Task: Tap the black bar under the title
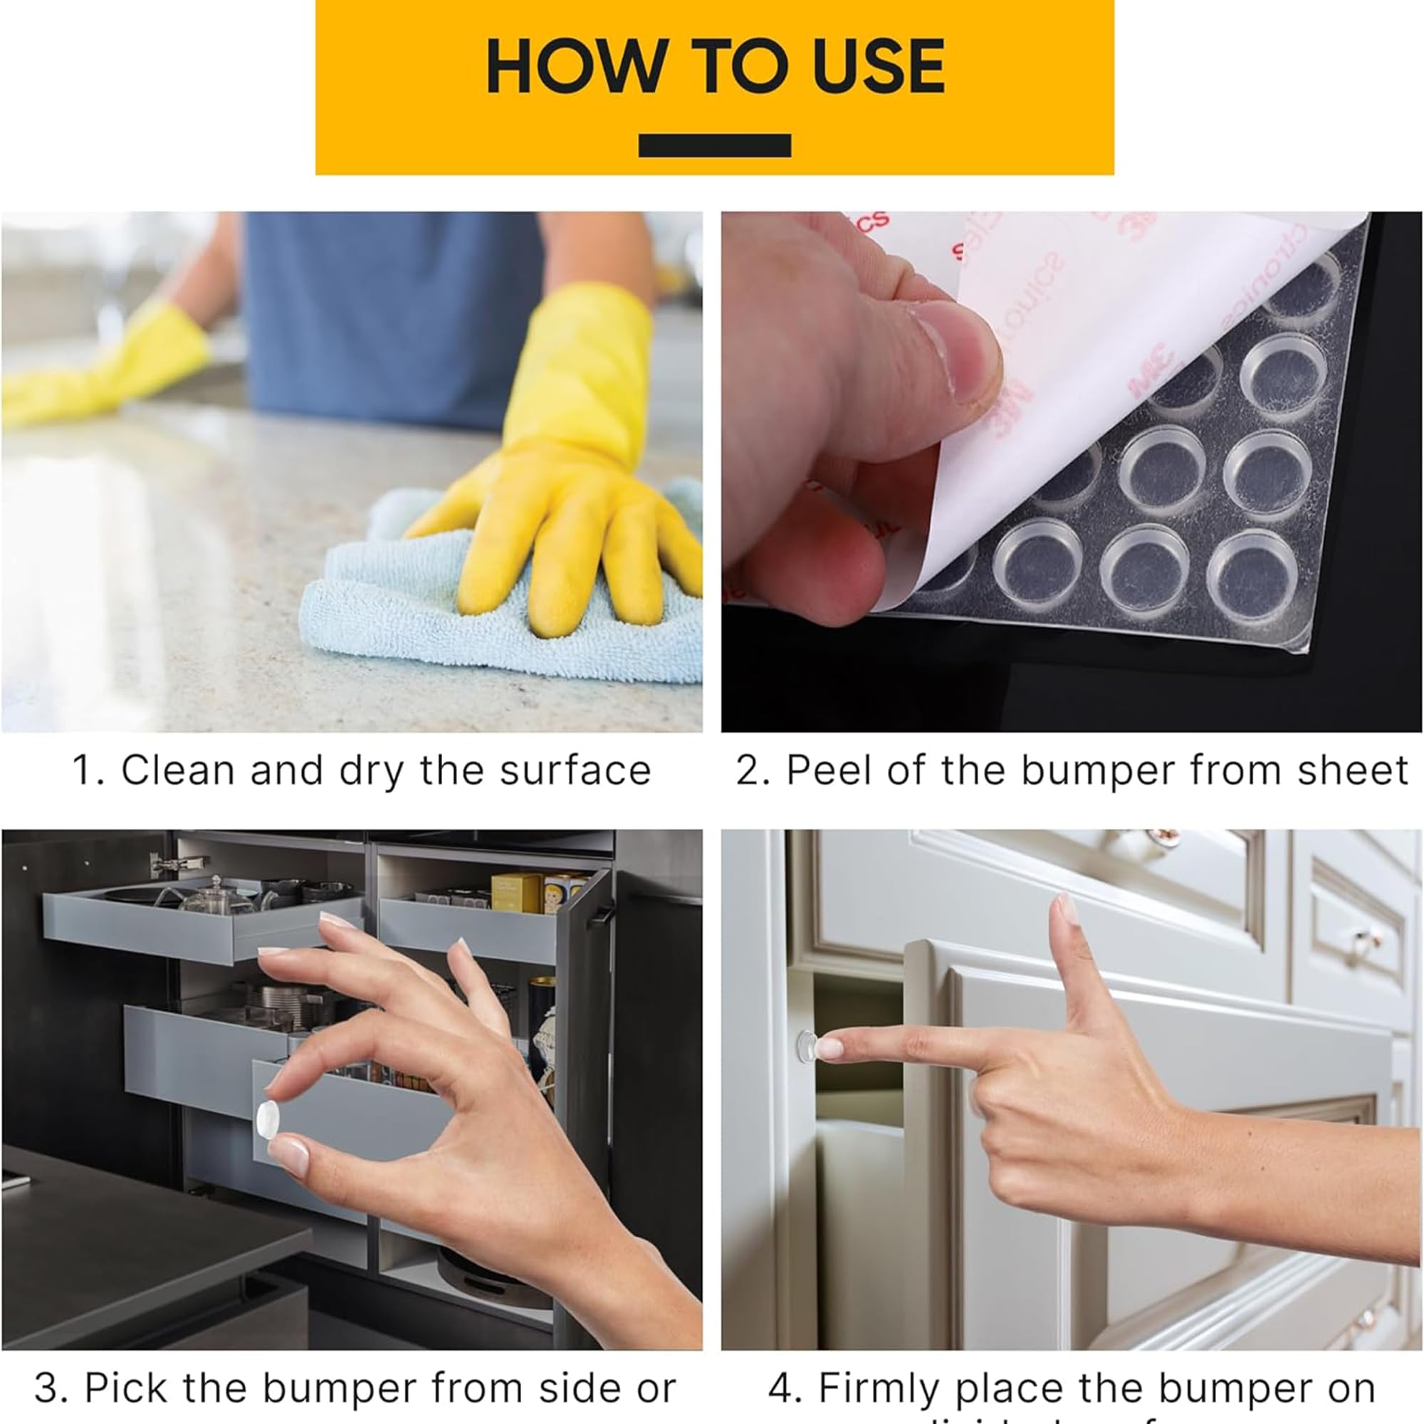tap(714, 145)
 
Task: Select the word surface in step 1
tap(575, 771)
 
